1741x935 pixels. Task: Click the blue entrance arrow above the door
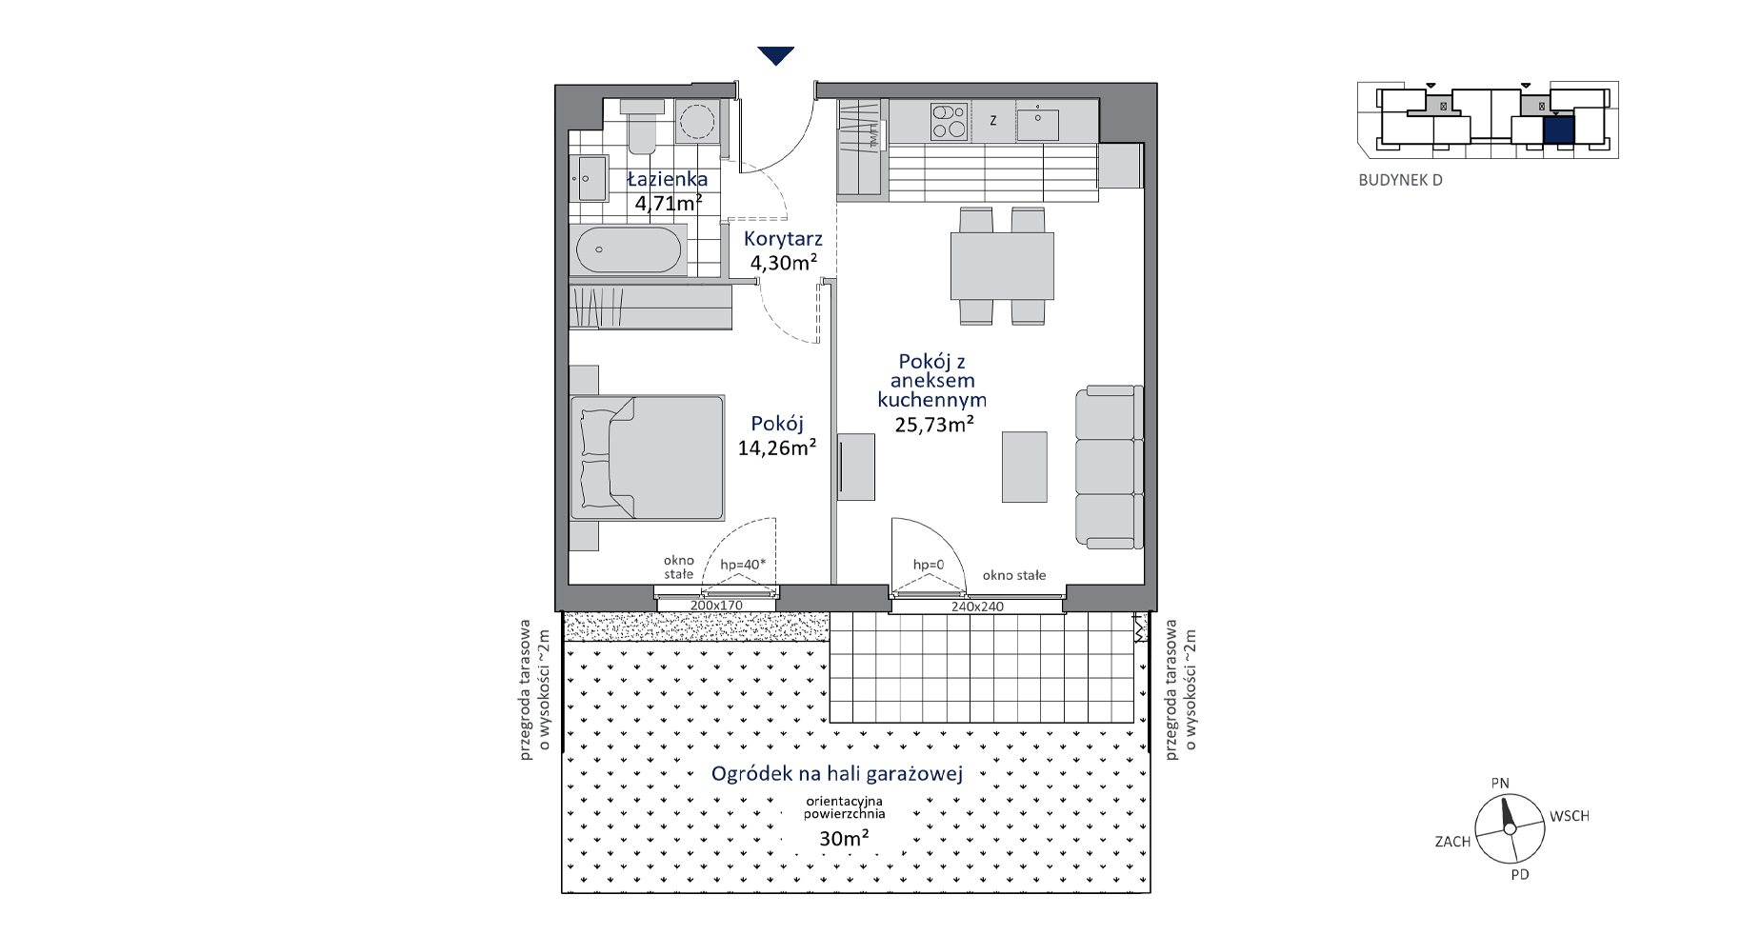click(x=776, y=56)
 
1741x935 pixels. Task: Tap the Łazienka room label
click(x=668, y=179)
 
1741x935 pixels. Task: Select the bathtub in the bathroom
click(x=629, y=250)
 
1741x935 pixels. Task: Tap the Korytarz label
click(x=783, y=239)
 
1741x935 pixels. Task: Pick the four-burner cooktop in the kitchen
click(x=949, y=122)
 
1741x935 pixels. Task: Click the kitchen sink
click(x=1037, y=125)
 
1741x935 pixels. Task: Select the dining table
click(x=1002, y=266)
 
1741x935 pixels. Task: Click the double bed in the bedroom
click(x=647, y=458)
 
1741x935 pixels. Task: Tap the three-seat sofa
click(x=1108, y=467)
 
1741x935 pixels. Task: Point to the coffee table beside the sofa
click(x=1024, y=467)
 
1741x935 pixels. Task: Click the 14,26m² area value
click(x=777, y=448)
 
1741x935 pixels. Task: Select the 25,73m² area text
click(x=934, y=425)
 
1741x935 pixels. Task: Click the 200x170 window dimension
click(x=716, y=606)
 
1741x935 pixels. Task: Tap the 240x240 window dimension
click(x=977, y=607)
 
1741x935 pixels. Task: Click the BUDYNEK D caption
click(x=1400, y=180)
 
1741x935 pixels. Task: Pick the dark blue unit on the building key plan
click(x=1558, y=129)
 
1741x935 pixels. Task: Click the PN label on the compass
click(x=1500, y=784)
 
